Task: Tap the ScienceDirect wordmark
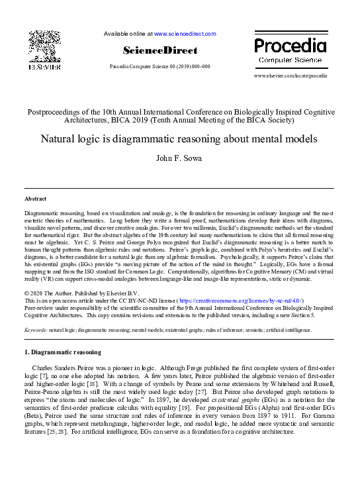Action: (159, 50)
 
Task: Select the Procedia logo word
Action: (290, 46)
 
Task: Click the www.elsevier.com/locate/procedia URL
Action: (291, 77)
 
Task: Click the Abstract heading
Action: (35, 199)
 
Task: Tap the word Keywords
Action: (35, 329)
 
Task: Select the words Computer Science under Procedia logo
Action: (290, 60)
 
